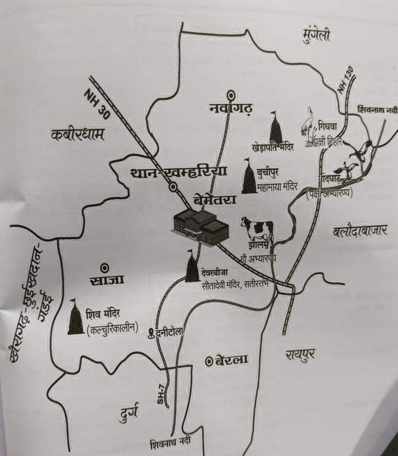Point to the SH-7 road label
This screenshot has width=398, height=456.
pos(161,396)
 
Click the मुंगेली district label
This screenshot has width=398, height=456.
pos(316,35)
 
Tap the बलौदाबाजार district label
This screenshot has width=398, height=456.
pos(360,231)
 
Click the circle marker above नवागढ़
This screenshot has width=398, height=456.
pos(231,95)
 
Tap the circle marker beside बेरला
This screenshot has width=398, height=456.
pos(209,361)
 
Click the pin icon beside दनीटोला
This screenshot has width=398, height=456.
pos(152,333)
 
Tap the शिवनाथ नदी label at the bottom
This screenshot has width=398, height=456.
pos(170,443)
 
